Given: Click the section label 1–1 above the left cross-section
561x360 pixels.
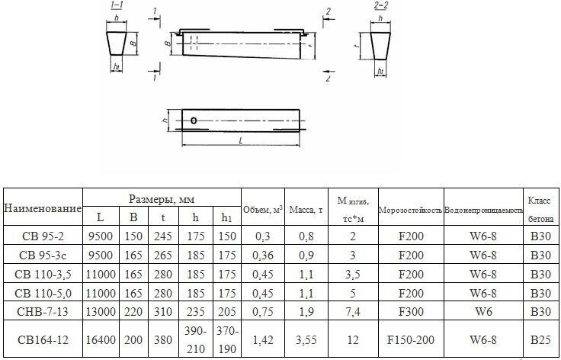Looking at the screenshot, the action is pos(117,5).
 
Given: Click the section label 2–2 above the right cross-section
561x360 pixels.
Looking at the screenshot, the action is pos(380,5).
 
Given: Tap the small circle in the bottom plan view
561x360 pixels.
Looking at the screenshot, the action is pos(194,121).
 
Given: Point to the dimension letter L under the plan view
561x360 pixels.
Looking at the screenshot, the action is pos(241,141).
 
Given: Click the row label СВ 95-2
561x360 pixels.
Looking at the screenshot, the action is pos(43,236).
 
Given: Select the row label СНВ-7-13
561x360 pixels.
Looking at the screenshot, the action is pos(43,311).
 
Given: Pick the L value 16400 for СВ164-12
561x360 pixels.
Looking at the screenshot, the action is pos(101,339).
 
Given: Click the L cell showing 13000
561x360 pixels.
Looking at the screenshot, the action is pos(101,311).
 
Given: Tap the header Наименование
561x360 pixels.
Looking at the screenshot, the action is pos(43,208).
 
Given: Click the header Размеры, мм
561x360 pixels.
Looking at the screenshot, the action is pos(162,199).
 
